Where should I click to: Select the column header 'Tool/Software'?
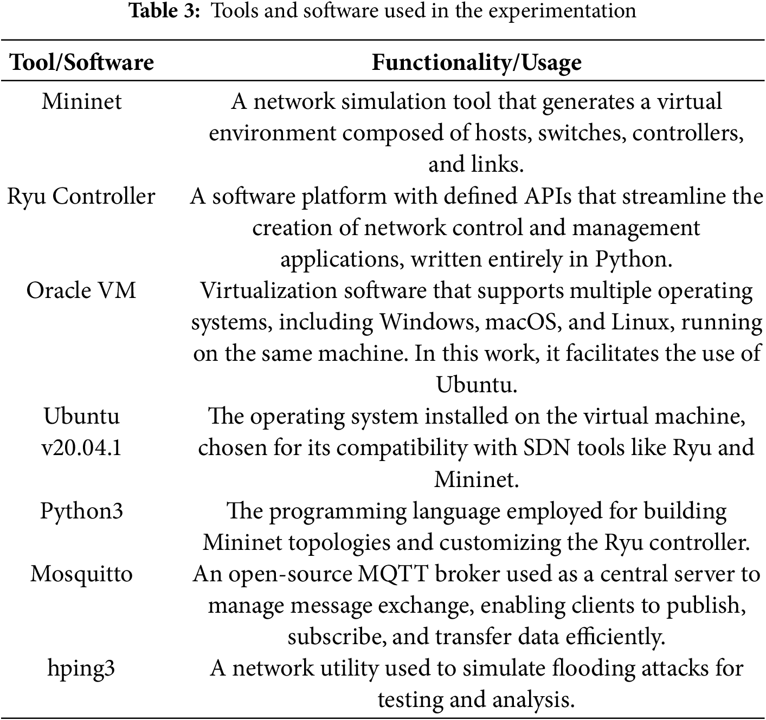tap(82, 62)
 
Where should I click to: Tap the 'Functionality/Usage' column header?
tap(477, 62)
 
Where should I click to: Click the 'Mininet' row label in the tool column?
tap(82, 101)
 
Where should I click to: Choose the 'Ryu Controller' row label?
tap(81, 196)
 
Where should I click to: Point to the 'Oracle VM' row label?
tap(81, 290)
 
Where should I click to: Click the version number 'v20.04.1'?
tap(81, 448)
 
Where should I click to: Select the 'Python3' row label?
tap(81, 511)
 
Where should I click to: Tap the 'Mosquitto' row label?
tap(81, 574)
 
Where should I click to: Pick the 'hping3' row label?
tap(81, 668)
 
